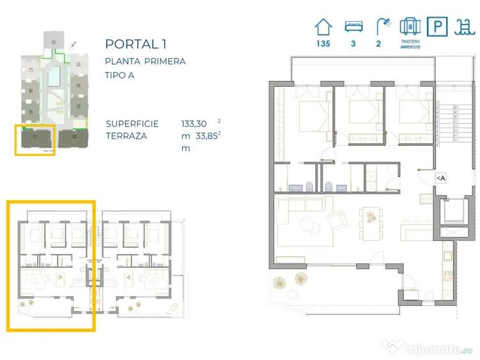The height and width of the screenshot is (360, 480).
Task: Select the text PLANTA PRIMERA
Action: coord(145,61)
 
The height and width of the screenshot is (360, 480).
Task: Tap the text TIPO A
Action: coord(123,75)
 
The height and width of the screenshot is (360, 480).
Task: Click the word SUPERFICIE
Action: coord(133,123)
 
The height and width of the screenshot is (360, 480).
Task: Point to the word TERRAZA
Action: coord(127,136)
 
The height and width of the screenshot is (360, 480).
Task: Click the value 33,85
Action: coord(205,136)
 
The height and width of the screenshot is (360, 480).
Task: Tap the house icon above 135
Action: coord(323,27)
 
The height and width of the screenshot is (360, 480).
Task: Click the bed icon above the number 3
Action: coord(353,27)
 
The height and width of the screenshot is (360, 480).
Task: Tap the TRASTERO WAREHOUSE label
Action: coord(409,46)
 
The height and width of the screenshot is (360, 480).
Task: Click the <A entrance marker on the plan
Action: coord(440,178)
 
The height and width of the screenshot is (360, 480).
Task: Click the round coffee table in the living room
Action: coord(312,226)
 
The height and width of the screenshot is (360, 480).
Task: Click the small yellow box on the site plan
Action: coord(36,139)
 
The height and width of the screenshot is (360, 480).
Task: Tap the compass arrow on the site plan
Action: coord(74,45)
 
